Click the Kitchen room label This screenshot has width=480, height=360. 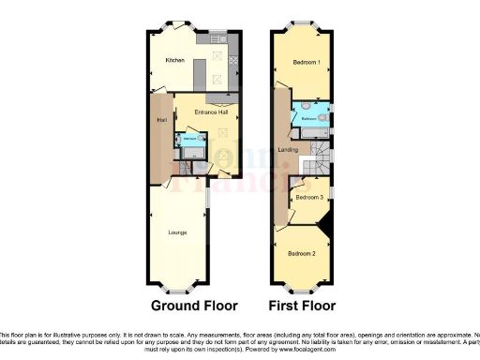[174, 61]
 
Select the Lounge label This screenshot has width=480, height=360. [177, 232]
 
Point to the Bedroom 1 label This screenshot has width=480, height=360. [306, 63]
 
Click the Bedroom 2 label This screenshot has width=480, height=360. [302, 254]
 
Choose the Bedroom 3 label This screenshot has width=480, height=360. [308, 198]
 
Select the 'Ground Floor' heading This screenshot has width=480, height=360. [195, 306]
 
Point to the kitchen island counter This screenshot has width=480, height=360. [200, 72]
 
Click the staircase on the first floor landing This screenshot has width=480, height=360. [322, 155]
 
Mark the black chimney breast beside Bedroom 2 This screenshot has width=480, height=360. [327, 226]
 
